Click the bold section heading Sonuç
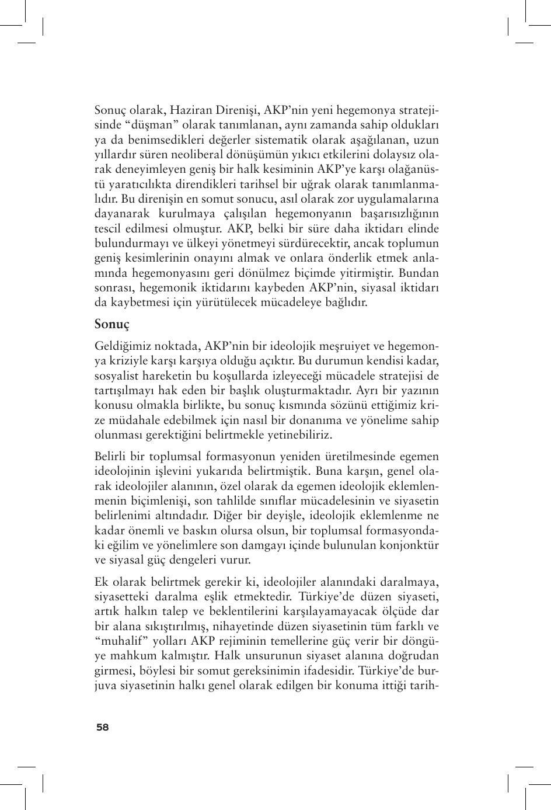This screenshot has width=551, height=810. pyautogui.click(x=111, y=324)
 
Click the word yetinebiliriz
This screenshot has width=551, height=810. pyautogui.click(x=299, y=434)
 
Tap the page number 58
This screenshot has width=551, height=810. pyautogui.click(x=103, y=727)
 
